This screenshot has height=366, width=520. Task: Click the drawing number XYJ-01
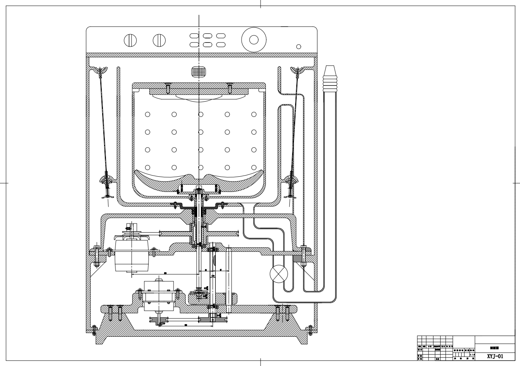pyautogui.click(x=495, y=356)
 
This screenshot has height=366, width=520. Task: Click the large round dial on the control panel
pyautogui.click(x=253, y=40)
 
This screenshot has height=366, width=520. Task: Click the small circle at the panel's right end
pyautogui.click(x=299, y=47)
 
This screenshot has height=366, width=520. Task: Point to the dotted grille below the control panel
pyautogui.click(x=199, y=71)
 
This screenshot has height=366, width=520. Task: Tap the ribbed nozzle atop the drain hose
pyautogui.click(x=330, y=78)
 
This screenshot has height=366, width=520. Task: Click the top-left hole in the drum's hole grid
pyautogui.click(x=148, y=114)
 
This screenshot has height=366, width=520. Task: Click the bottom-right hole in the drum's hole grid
pyautogui.click(x=254, y=167)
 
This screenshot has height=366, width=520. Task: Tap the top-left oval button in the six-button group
pyautogui.click(x=194, y=36)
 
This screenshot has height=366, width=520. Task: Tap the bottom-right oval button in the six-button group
pyautogui.click(x=221, y=45)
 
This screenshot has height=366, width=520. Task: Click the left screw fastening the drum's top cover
pyautogui.click(x=167, y=88)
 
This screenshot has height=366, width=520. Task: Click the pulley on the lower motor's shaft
pyautogui.click(x=158, y=321)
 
